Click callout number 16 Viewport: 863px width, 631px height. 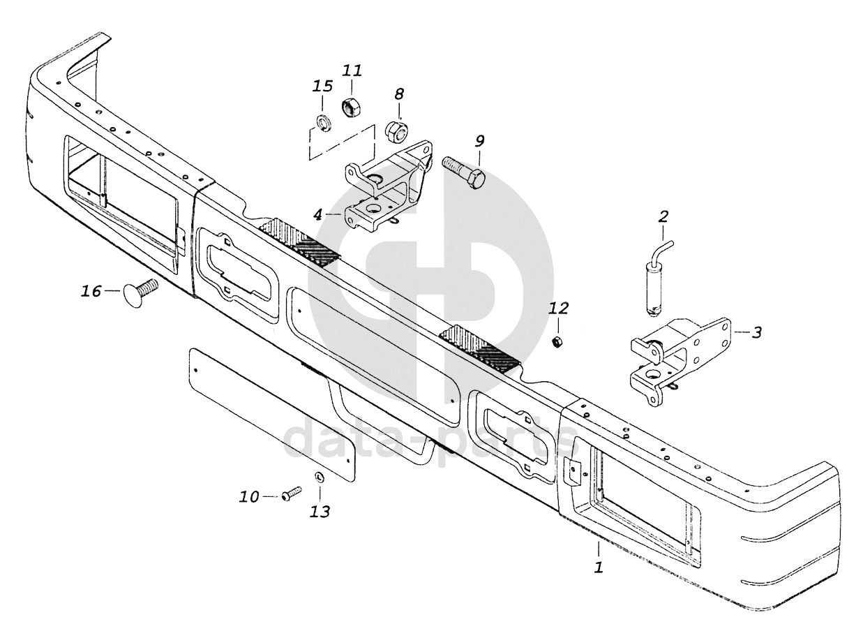point(91,291)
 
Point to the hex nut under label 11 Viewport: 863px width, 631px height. point(350,108)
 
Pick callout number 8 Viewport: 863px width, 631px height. point(399,94)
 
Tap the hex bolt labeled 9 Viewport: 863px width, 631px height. point(464,169)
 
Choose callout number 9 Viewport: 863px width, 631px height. point(479,141)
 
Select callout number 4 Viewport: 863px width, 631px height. point(317,214)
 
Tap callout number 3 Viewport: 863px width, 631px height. point(756,332)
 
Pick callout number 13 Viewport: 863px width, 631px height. point(320,512)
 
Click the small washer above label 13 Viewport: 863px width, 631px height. point(320,478)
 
